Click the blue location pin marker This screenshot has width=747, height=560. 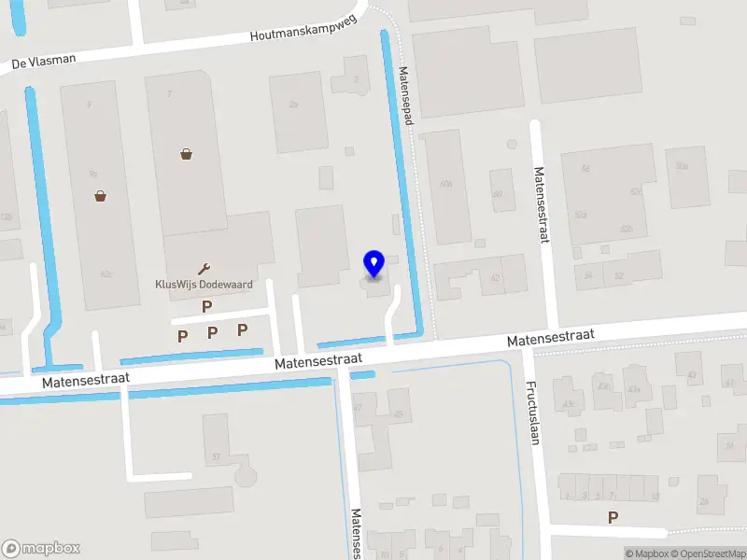pyautogui.click(x=373, y=264)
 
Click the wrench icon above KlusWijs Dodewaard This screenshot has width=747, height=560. pyautogui.click(x=204, y=269)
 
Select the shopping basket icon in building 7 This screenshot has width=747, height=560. pyautogui.click(x=187, y=154)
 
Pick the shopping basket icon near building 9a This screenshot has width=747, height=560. pyautogui.click(x=100, y=195)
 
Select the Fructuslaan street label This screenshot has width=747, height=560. pyautogui.click(x=532, y=412)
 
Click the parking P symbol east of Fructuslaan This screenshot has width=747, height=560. pyautogui.click(x=613, y=517)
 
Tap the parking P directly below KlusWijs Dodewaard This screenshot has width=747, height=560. pyautogui.click(x=207, y=306)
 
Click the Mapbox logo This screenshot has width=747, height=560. pyautogui.click(x=41, y=549)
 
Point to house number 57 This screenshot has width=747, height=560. pyautogui.click(x=216, y=456)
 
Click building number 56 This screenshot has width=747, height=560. pyautogui.click(x=585, y=168)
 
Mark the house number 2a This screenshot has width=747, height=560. pyautogui.click(x=293, y=105)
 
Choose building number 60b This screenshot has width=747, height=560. pyautogui.click(x=446, y=184)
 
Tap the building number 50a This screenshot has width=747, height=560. pyautogui.click(x=682, y=165)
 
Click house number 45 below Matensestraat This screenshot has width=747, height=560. pyautogui.click(x=399, y=414)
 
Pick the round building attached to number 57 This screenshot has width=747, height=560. pyautogui.click(x=246, y=476)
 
